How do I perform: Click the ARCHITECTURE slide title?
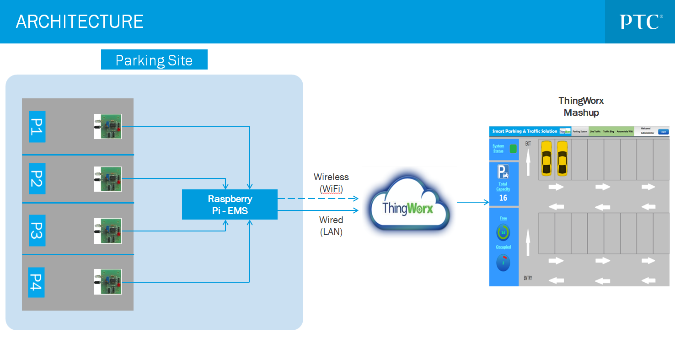pos(80,21)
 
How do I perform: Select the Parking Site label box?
pos(154,60)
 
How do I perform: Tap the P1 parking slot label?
pos(37,127)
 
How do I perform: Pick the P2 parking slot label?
pos(37,179)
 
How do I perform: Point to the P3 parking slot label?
pos(37,231)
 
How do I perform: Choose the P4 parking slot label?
pos(37,282)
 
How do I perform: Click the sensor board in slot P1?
pos(107,126)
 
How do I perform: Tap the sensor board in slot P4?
pos(107,281)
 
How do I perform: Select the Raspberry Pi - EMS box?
pos(230,204)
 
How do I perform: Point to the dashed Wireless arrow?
pos(318,199)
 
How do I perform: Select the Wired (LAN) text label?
pos(331,226)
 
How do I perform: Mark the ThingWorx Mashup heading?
pos(581,107)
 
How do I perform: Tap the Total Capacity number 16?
pos(503,198)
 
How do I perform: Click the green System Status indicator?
pos(513,149)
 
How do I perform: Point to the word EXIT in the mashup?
pos(528,144)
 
